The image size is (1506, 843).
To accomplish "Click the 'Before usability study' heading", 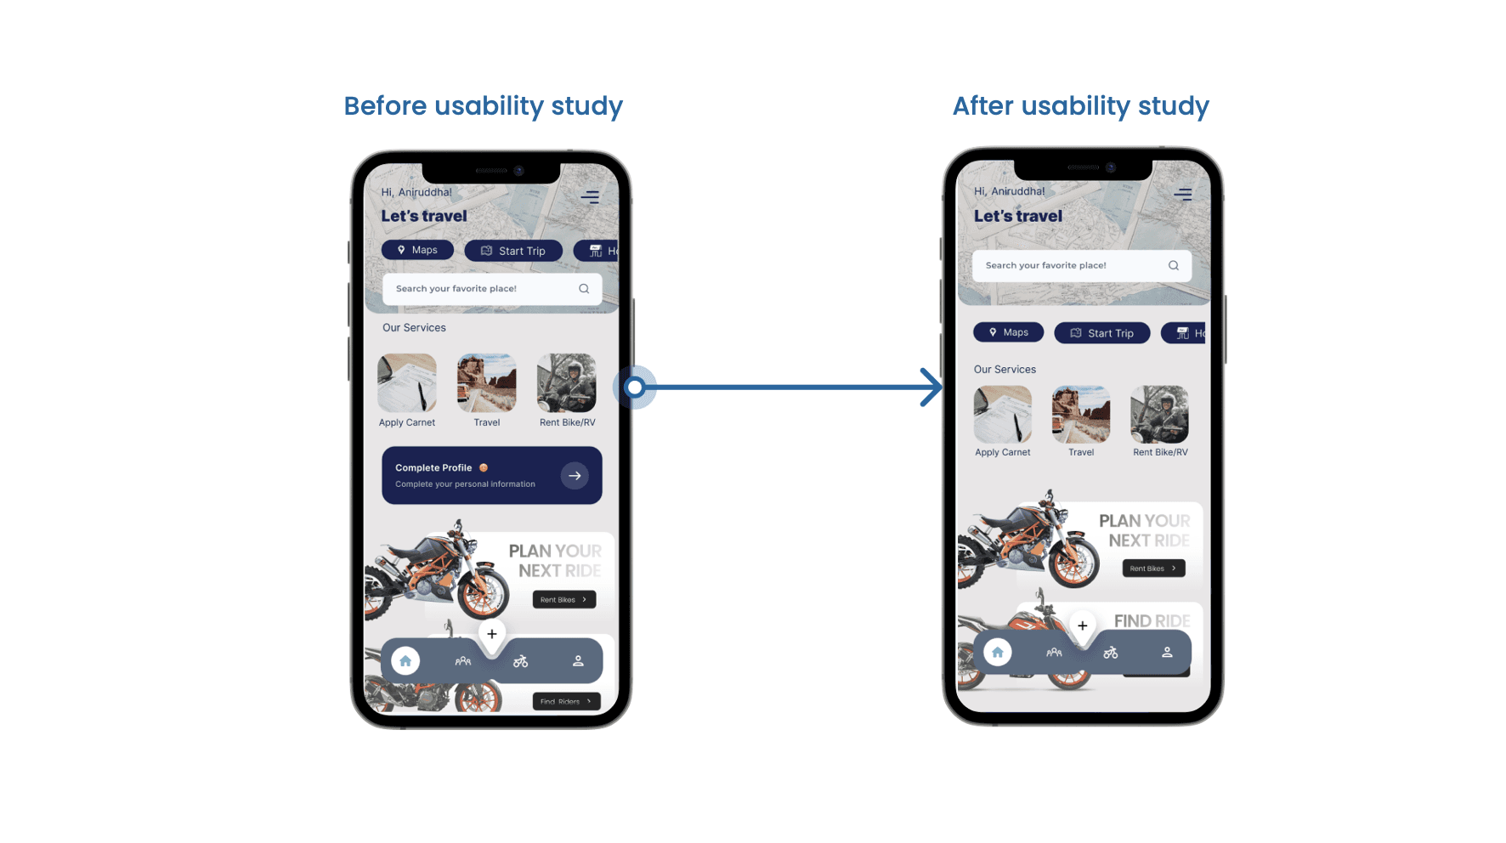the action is coord(483,106).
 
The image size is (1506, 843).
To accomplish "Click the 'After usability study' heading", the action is coord(1080,106).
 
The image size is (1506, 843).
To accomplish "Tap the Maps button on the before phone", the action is coord(417,250).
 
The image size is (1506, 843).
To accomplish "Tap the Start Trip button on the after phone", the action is coord(1101,333).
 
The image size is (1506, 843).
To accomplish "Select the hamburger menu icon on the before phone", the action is coord(590,197).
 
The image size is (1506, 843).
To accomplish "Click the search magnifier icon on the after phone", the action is coord(1174,265).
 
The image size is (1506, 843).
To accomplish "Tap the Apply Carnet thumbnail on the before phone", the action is coord(407,383).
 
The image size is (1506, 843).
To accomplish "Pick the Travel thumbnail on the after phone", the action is coord(1081,415).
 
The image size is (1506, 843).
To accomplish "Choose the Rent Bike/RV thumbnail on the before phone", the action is coord(567,383).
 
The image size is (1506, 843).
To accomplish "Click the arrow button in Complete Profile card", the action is coord(575,476).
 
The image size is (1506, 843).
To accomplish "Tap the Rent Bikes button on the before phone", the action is coord(564,600).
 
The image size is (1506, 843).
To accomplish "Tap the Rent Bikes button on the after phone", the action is coord(1153,569).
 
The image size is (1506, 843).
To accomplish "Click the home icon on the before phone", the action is coord(405,660).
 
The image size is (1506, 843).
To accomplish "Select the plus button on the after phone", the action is coord(1082,626).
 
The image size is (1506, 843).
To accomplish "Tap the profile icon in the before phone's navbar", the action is coord(578,661).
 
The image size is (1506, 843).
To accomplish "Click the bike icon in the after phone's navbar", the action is coord(1111,653).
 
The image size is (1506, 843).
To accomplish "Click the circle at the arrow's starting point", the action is coord(635,388).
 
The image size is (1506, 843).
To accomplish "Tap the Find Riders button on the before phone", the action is coord(566,702).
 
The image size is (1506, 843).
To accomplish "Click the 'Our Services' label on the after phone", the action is coord(1005,370).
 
